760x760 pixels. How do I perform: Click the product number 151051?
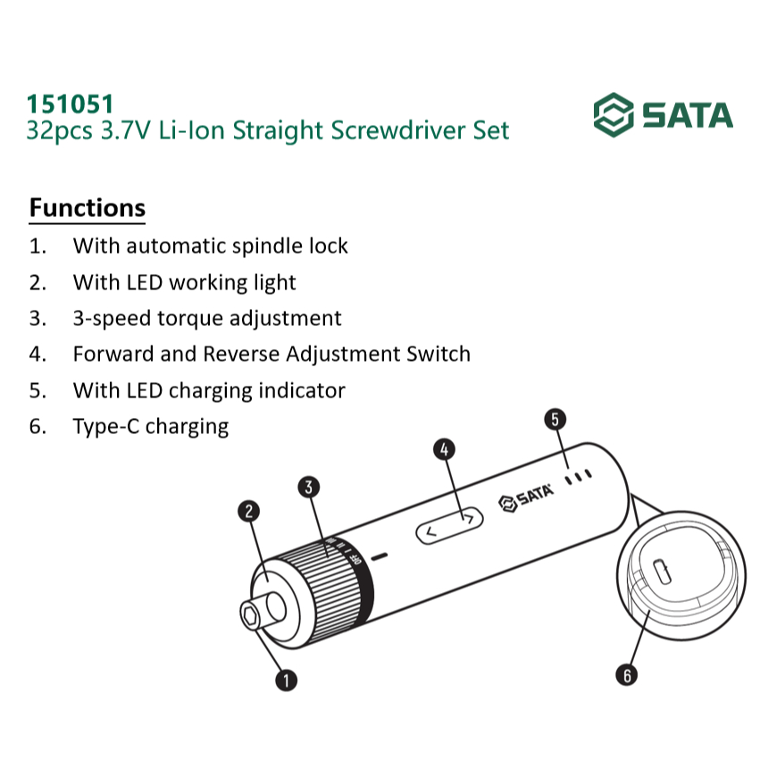(70, 104)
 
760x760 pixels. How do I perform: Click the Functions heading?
(88, 208)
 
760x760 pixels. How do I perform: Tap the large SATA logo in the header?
(663, 115)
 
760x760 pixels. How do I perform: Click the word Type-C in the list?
(105, 427)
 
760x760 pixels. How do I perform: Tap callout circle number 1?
(286, 680)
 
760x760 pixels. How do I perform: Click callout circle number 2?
(248, 512)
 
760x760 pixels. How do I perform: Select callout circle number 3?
(309, 487)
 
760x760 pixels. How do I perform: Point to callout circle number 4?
(444, 450)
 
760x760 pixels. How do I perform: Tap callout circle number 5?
(555, 419)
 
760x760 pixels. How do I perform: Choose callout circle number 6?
(627, 674)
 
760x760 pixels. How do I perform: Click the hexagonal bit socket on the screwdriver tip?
(251, 616)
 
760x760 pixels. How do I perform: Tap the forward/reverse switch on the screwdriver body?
(449, 525)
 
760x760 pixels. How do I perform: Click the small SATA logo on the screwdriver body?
(526, 497)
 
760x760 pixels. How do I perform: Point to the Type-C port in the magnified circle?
(663, 572)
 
